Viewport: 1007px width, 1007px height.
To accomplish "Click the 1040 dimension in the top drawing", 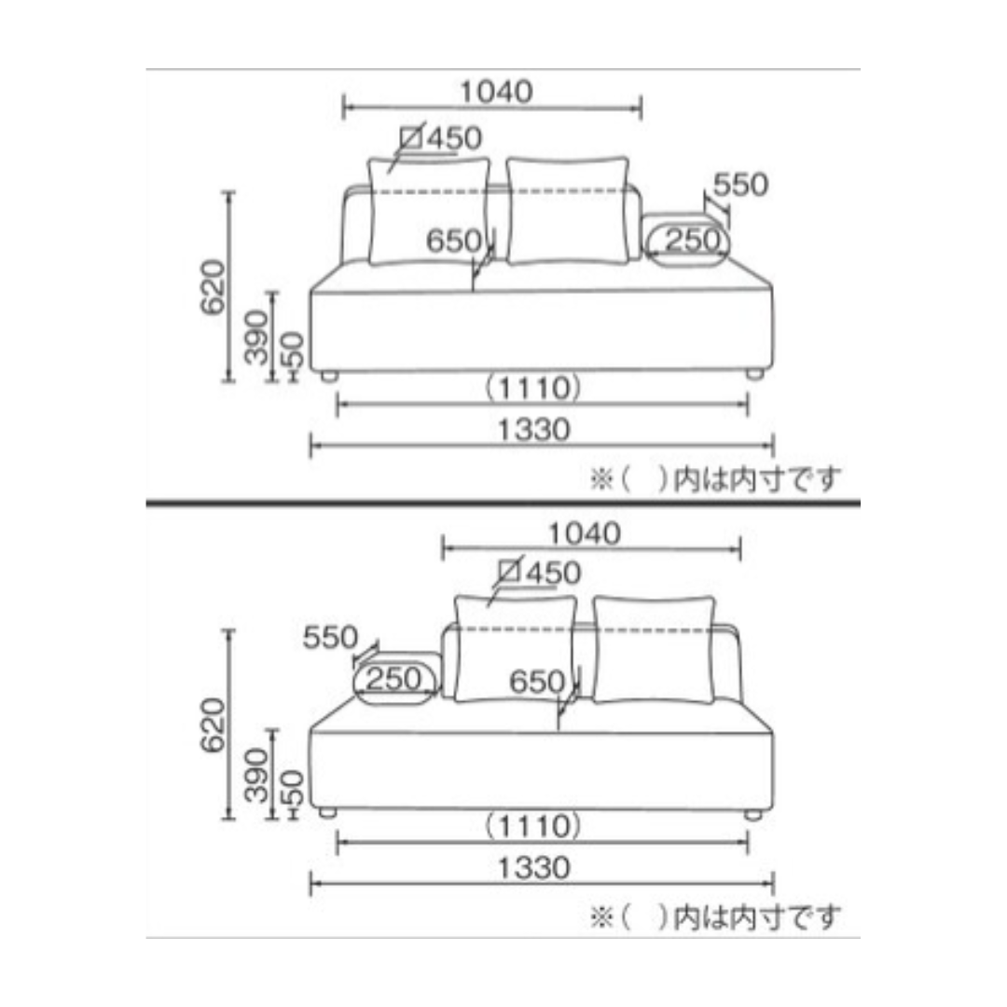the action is (x=496, y=91).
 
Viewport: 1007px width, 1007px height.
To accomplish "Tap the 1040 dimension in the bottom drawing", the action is (x=584, y=533).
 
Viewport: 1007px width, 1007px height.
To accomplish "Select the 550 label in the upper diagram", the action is (x=740, y=185).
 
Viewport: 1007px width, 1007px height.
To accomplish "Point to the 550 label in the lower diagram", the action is (x=330, y=638).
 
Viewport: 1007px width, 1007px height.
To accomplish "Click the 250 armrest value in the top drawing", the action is (x=693, y=241).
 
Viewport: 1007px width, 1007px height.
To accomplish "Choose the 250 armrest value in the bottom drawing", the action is (x=393, y=680).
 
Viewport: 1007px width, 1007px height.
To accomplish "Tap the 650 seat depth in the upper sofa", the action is (x=454, y=241).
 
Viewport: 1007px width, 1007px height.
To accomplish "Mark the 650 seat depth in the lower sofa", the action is (x=537, y=682).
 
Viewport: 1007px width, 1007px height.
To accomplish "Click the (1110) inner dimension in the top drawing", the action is (x=533, y=389).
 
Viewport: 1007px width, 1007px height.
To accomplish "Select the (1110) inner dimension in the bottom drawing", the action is (x=533, y=826).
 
